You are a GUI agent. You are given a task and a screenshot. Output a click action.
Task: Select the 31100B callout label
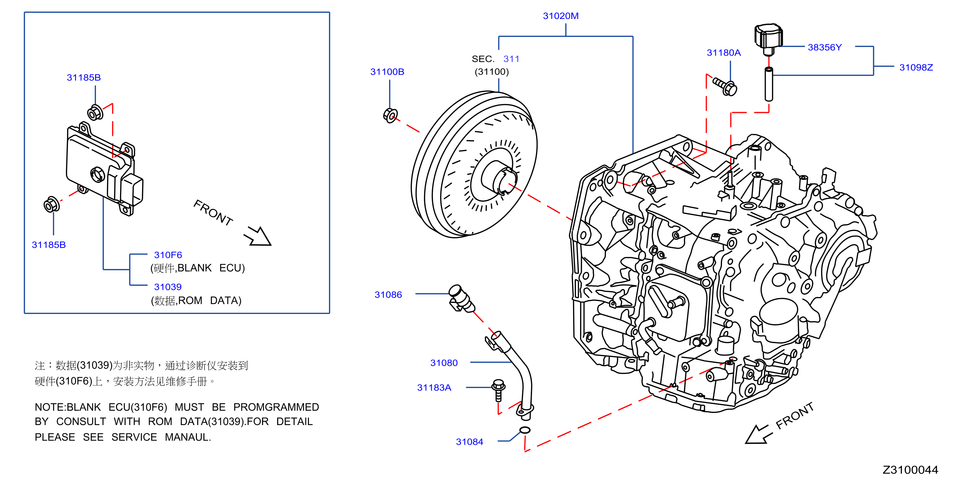[387, 72]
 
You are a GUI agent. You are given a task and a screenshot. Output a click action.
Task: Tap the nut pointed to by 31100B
[390, 115]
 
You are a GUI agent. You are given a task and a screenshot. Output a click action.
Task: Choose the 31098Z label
[916, 67]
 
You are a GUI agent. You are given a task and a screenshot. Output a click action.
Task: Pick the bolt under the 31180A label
[725, 86]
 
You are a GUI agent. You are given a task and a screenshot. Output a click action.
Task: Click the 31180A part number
[723, 53]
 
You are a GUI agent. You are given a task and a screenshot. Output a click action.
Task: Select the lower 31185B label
[48, 245]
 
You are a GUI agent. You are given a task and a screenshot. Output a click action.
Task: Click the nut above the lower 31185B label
[51, 205]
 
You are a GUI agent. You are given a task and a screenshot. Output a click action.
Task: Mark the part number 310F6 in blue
[168, 255]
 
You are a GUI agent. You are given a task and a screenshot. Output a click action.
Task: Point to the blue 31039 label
[167, 287]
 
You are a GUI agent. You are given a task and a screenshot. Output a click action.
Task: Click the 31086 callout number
[388, 295]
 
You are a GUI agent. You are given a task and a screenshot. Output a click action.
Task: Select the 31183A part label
[434, 387]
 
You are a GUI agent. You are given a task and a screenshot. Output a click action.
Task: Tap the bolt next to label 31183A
[498, 390]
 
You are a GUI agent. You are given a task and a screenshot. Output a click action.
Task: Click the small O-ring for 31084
[525, 430]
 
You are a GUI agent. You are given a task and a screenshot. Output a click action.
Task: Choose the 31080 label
[444, 363]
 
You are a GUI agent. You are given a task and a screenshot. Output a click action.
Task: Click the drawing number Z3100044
[910, 470]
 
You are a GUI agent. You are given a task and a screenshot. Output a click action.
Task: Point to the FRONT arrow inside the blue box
[258, 236]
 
